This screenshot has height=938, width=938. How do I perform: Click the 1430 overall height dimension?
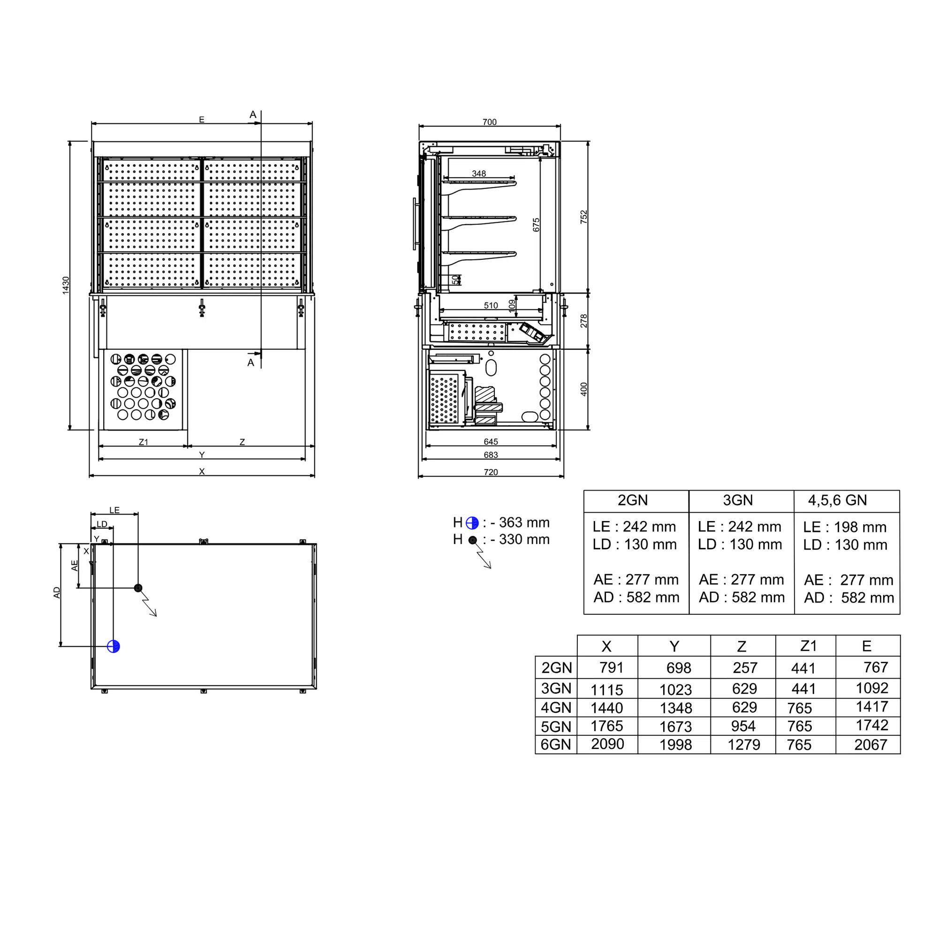66,285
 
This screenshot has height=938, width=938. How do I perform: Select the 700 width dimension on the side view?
489,122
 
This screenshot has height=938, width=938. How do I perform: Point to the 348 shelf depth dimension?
479,174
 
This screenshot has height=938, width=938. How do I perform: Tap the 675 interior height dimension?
536,225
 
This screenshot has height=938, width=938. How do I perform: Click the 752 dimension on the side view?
583,217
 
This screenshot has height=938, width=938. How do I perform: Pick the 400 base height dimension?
583,389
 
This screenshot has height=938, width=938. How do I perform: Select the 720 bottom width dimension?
491,472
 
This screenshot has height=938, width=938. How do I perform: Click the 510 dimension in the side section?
491,305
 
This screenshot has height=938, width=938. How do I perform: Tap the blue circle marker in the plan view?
113,646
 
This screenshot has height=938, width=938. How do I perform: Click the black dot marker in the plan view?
138,588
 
